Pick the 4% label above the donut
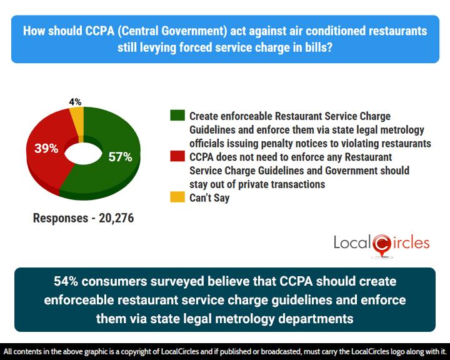click(74, 102)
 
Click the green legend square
click(177, 116)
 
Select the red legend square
click(177, 157)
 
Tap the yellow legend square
click(177, 199)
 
